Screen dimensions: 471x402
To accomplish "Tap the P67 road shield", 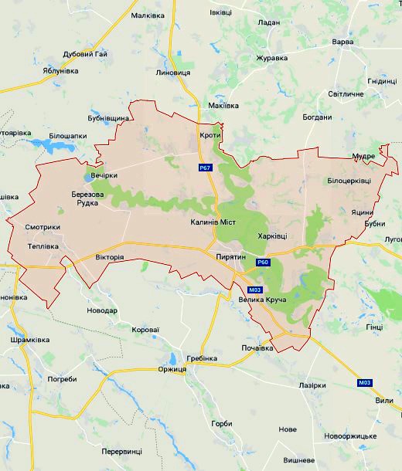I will (x=204, y=167).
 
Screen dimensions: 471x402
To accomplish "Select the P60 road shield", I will (x=263, y=263).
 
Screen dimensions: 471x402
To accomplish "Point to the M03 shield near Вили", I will (x=364, y=383).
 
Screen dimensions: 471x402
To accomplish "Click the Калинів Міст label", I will (x=213, y=222).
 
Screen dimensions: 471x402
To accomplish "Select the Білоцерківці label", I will (x=349, y=180).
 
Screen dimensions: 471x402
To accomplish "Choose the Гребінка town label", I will (x=203, y=359).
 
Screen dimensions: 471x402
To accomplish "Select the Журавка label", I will (x=272, y=57).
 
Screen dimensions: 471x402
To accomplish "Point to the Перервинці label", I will (x=122, y=451).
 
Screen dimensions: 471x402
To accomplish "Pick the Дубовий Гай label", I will (x=85, y=54).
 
